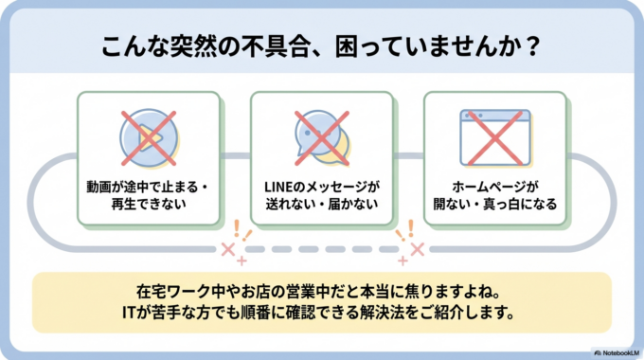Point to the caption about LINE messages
(x=320, y=194)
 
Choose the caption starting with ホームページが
(x=493, y=194)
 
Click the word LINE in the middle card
(x=278, y=186)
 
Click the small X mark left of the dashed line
(x=227, y=249)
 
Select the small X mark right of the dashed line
(x=416, y=248)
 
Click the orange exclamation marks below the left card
(x=241, y=228)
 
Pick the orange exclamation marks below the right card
(x=405, y=228)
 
